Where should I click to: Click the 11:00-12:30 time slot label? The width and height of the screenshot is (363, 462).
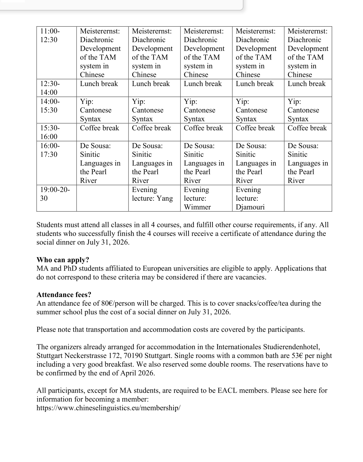50,35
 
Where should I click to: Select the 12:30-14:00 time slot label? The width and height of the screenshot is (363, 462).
50,88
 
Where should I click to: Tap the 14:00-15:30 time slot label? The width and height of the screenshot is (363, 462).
50,106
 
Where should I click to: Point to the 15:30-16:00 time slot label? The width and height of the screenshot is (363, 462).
50,132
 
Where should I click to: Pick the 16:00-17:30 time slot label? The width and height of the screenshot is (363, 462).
50,150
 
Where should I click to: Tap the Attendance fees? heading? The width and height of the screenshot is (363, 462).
64,294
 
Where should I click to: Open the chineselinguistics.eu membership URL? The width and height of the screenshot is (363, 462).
108,408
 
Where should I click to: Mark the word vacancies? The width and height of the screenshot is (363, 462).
250,277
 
